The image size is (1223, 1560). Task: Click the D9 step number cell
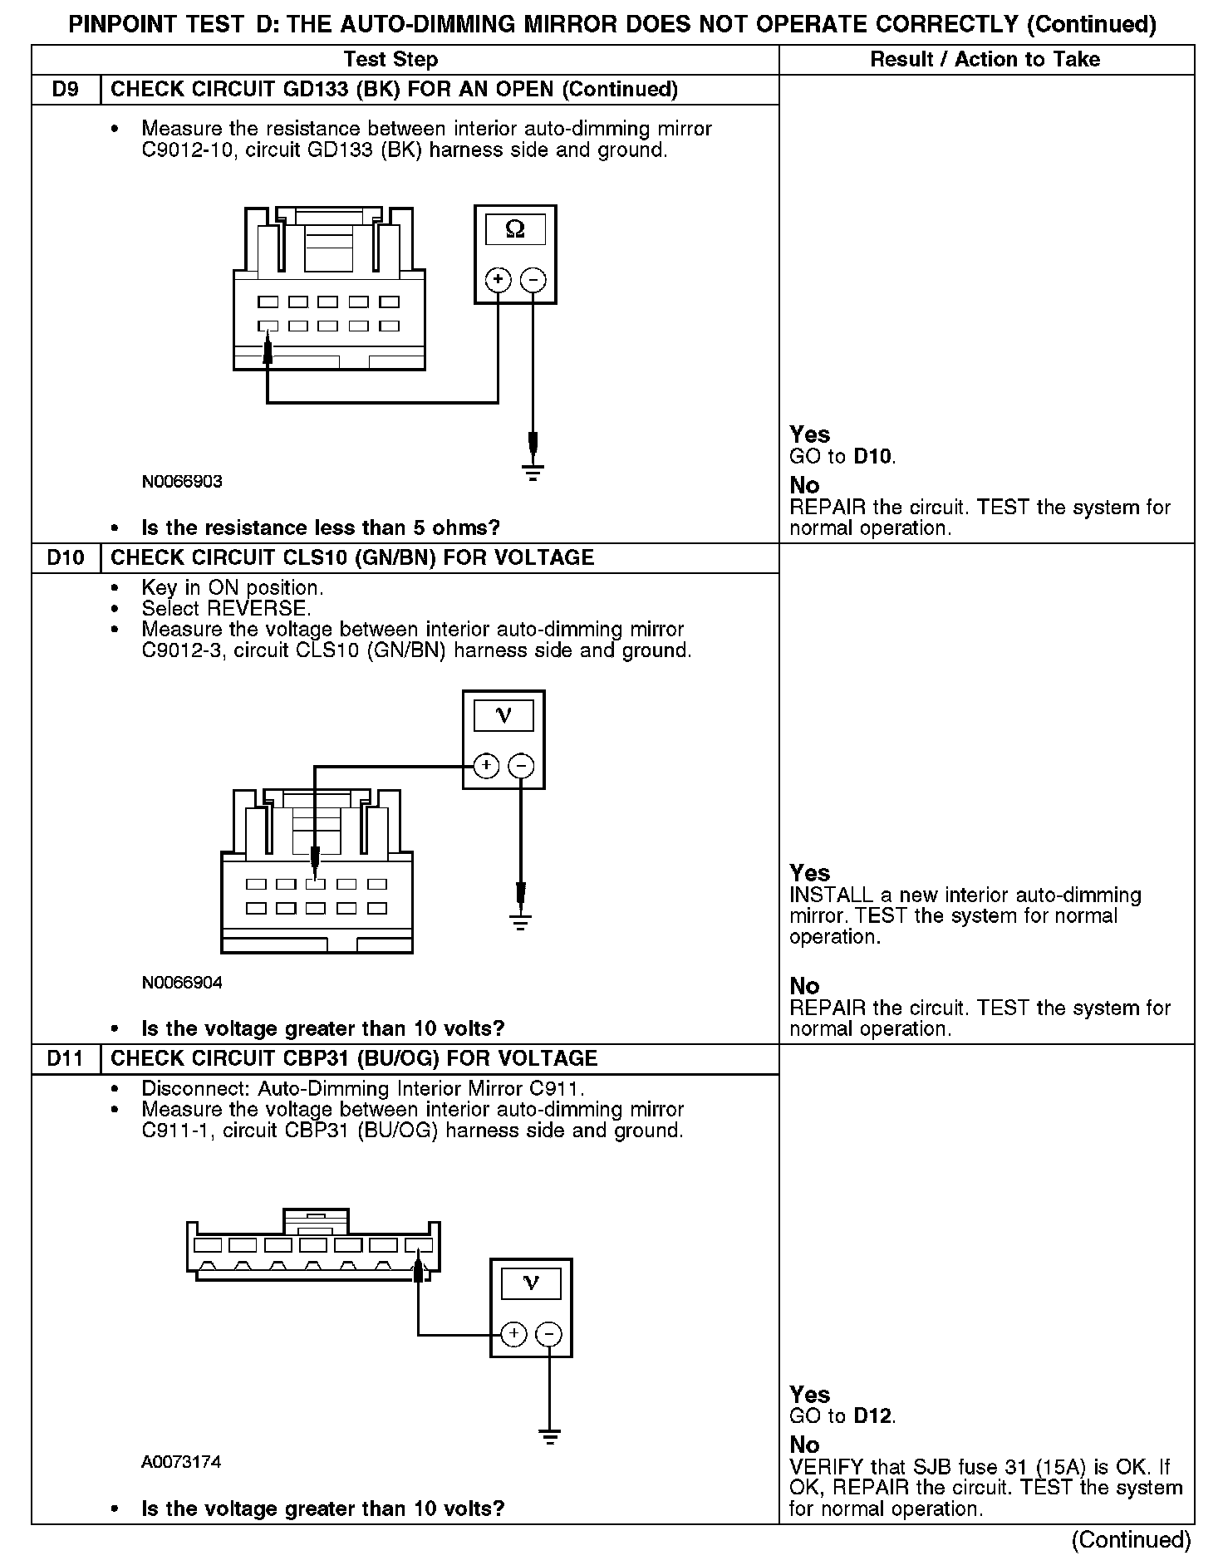[66, 90]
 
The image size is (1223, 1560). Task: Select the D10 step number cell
[66, 557]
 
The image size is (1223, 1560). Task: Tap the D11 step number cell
[66, 1058]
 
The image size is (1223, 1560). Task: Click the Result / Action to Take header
[985, 59]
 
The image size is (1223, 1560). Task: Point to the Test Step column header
[390, 59]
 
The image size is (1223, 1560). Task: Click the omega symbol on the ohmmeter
[515, 229]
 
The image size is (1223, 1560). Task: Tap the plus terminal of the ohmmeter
[498, 279]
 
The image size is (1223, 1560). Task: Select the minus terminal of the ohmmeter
[533, 279]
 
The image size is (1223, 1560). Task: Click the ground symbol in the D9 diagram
[533, 473]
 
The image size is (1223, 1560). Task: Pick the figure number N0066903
[182, 482]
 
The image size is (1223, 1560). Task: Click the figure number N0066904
[182, 983]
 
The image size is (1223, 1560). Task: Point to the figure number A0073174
[181, 1462]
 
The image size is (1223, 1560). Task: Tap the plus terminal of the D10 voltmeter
[486, 765]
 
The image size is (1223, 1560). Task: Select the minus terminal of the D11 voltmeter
[549, 1335]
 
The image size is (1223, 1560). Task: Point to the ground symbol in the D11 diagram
[549, 1436]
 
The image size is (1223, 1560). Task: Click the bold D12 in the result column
[873, 1416]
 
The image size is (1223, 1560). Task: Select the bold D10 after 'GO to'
[873, 456]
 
